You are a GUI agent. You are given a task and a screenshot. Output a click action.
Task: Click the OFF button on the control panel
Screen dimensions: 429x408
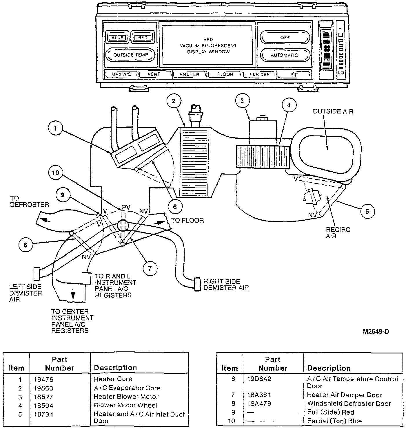285,37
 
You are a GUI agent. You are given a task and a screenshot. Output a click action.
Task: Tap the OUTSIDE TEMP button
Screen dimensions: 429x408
130,55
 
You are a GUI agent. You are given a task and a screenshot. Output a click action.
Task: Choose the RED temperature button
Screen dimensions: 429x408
143,37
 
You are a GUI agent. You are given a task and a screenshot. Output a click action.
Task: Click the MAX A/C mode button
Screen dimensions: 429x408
121,74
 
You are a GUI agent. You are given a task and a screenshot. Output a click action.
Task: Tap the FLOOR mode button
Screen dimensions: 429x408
225,74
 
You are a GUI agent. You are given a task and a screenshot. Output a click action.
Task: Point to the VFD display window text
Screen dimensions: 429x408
208,46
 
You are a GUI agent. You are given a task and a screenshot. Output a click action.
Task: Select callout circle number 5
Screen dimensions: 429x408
367,211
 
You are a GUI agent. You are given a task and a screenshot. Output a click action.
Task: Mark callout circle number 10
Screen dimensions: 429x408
56,173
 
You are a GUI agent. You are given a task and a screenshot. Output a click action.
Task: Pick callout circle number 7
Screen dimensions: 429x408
150,269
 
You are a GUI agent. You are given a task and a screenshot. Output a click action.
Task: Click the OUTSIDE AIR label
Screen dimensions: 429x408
333,111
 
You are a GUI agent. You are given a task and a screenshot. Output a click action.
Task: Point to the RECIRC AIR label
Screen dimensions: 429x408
338,233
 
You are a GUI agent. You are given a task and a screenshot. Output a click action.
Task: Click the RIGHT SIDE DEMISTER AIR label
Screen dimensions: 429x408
226,285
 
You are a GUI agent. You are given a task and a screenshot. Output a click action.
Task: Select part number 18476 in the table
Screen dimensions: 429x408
43,379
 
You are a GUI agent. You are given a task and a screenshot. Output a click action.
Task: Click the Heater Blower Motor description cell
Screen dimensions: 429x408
126,397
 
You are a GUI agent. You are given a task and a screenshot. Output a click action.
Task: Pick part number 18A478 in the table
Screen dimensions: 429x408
260,404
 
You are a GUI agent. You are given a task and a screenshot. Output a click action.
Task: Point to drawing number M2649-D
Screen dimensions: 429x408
376,332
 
